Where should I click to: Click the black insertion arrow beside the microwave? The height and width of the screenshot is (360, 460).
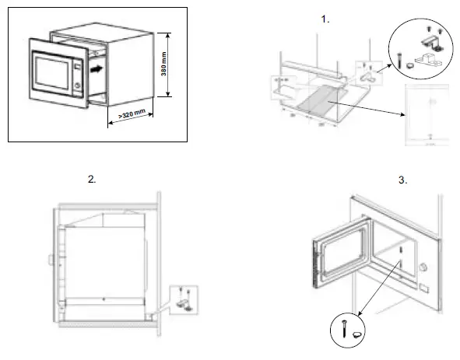point(95,68)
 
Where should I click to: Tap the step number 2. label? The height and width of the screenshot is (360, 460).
point(92,179)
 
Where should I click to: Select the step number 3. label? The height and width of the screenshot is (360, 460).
point(403,180)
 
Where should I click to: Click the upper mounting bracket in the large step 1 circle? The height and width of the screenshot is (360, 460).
point(431,37)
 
